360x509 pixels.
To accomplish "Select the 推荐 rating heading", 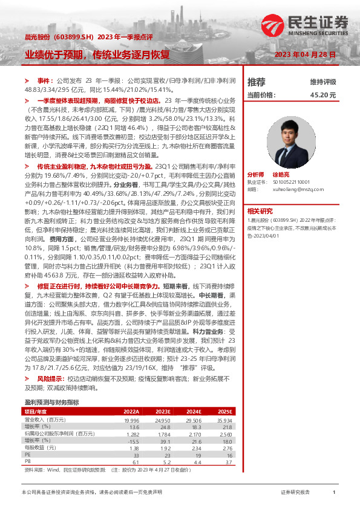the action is pos(257,81).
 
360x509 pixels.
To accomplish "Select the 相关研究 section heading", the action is pos(260,211).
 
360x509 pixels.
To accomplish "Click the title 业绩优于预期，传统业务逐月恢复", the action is pos(97,54).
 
